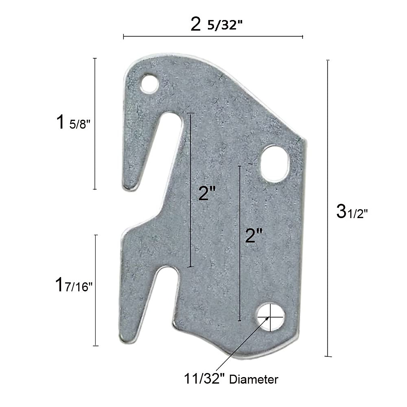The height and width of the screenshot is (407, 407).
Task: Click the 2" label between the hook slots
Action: pyautogui.click(x=207, y=193)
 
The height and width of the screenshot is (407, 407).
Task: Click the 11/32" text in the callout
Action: pyautogui.click(x=205, y=379)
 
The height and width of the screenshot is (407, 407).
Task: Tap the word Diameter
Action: pyautogui.click(x=254, y=380)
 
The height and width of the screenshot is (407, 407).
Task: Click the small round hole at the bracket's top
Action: pyautogui.click(x=150, y=83)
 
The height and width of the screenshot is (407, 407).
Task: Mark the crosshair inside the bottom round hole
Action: pyautogui.click(x=270, y=317)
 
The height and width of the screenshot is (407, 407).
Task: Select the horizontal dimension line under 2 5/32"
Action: pyautogui.click(x=213, y=36)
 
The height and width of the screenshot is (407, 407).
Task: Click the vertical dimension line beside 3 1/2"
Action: pyautogui.click(x=327, y=208)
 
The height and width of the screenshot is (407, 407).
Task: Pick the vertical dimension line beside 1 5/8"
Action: pyautogui.click(x=95, y=124)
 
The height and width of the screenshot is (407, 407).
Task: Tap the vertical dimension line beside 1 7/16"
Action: pyautogui.click(x=96, y=290)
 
